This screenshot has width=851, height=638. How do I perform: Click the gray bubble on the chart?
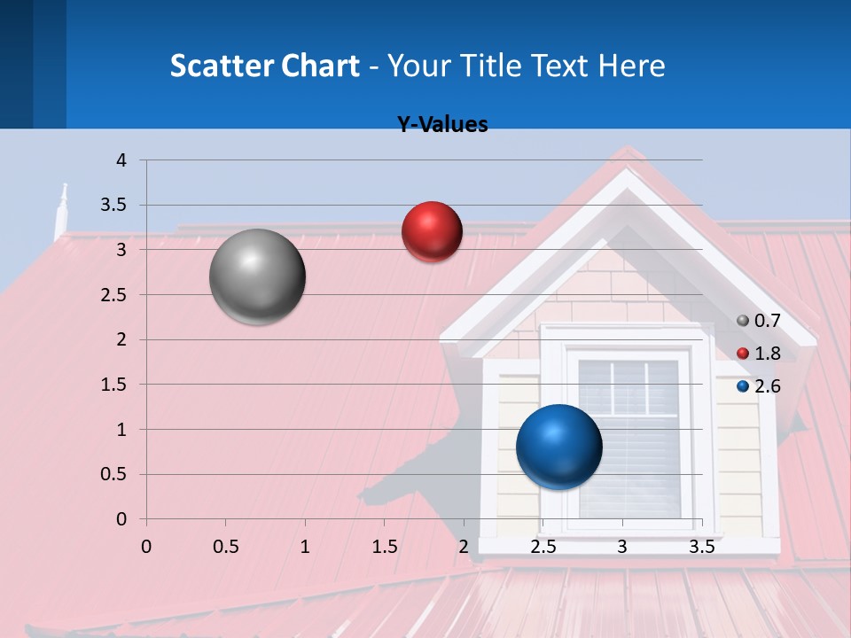(x=257, y=276)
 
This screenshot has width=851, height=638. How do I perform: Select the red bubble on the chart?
(x=432, y=231)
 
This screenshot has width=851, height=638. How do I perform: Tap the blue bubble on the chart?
(x=558, y=447)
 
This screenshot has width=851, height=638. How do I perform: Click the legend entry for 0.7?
(x=759, y=321)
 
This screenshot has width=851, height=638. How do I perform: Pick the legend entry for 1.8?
(x=759, y=354)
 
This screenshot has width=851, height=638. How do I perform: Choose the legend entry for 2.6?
(x=759, y=385)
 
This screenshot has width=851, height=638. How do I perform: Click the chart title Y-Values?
(x=442, y=125)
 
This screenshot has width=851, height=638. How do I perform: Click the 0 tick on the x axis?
(x=146, y=547)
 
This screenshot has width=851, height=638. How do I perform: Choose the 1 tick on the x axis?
(x=305, y=547)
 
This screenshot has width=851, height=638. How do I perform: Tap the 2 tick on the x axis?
(x=464, y=547)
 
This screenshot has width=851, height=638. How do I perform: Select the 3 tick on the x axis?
(x=622, y=547)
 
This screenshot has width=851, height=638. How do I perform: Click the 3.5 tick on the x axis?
(x=701, y=547)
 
